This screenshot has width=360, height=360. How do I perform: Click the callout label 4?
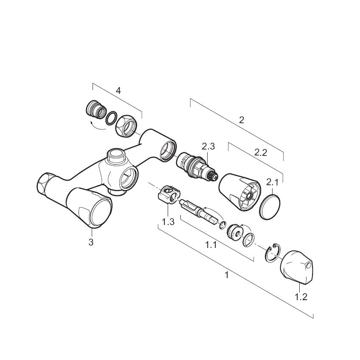pyautogui.click(x=118, y=91)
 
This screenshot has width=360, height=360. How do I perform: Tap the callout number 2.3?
pyautogui.click(x=208, y=146)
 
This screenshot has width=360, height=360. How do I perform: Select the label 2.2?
pyautogui.click(x=261, y=152)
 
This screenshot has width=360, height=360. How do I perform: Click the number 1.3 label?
pyautogui.click(x=168, y=222)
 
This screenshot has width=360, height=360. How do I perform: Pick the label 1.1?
pyautogui.click(x=211, y=245)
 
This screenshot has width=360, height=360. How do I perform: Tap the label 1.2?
pyautogui.click(x=301, y=297)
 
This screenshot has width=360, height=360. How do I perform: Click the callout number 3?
pyautogui.click(x=91, y=242)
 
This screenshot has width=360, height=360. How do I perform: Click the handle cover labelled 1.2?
pyautogui.click(x=297, y=268)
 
